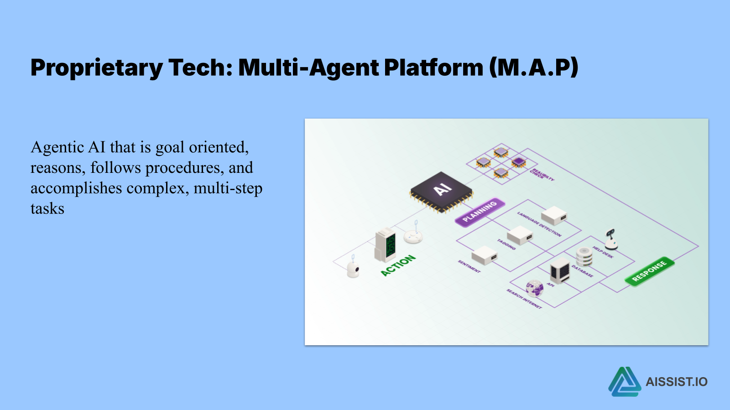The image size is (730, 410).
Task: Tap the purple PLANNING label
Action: [480, 212]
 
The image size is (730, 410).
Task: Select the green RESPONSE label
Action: [649, 271]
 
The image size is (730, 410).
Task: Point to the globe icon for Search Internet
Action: [534, 288]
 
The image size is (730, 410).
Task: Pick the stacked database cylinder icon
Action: [584, 257]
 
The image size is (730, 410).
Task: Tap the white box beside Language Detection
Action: [554, 215]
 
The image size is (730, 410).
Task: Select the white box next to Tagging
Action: [520, 235]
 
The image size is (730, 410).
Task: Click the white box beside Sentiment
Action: [484, 255]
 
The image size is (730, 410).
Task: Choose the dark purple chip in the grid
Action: [518, 161]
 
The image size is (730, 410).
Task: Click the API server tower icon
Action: [559, 270]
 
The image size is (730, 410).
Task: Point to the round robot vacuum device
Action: [413, 236]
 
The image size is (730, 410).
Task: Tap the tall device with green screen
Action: [386, 245]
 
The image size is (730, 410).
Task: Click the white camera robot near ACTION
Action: [353, 269]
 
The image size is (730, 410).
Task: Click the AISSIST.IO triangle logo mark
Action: [624, 382]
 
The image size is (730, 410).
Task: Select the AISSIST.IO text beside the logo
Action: [676, 382]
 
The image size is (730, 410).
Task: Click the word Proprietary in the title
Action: [96, 68]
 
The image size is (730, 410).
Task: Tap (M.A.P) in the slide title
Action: [533, 67]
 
